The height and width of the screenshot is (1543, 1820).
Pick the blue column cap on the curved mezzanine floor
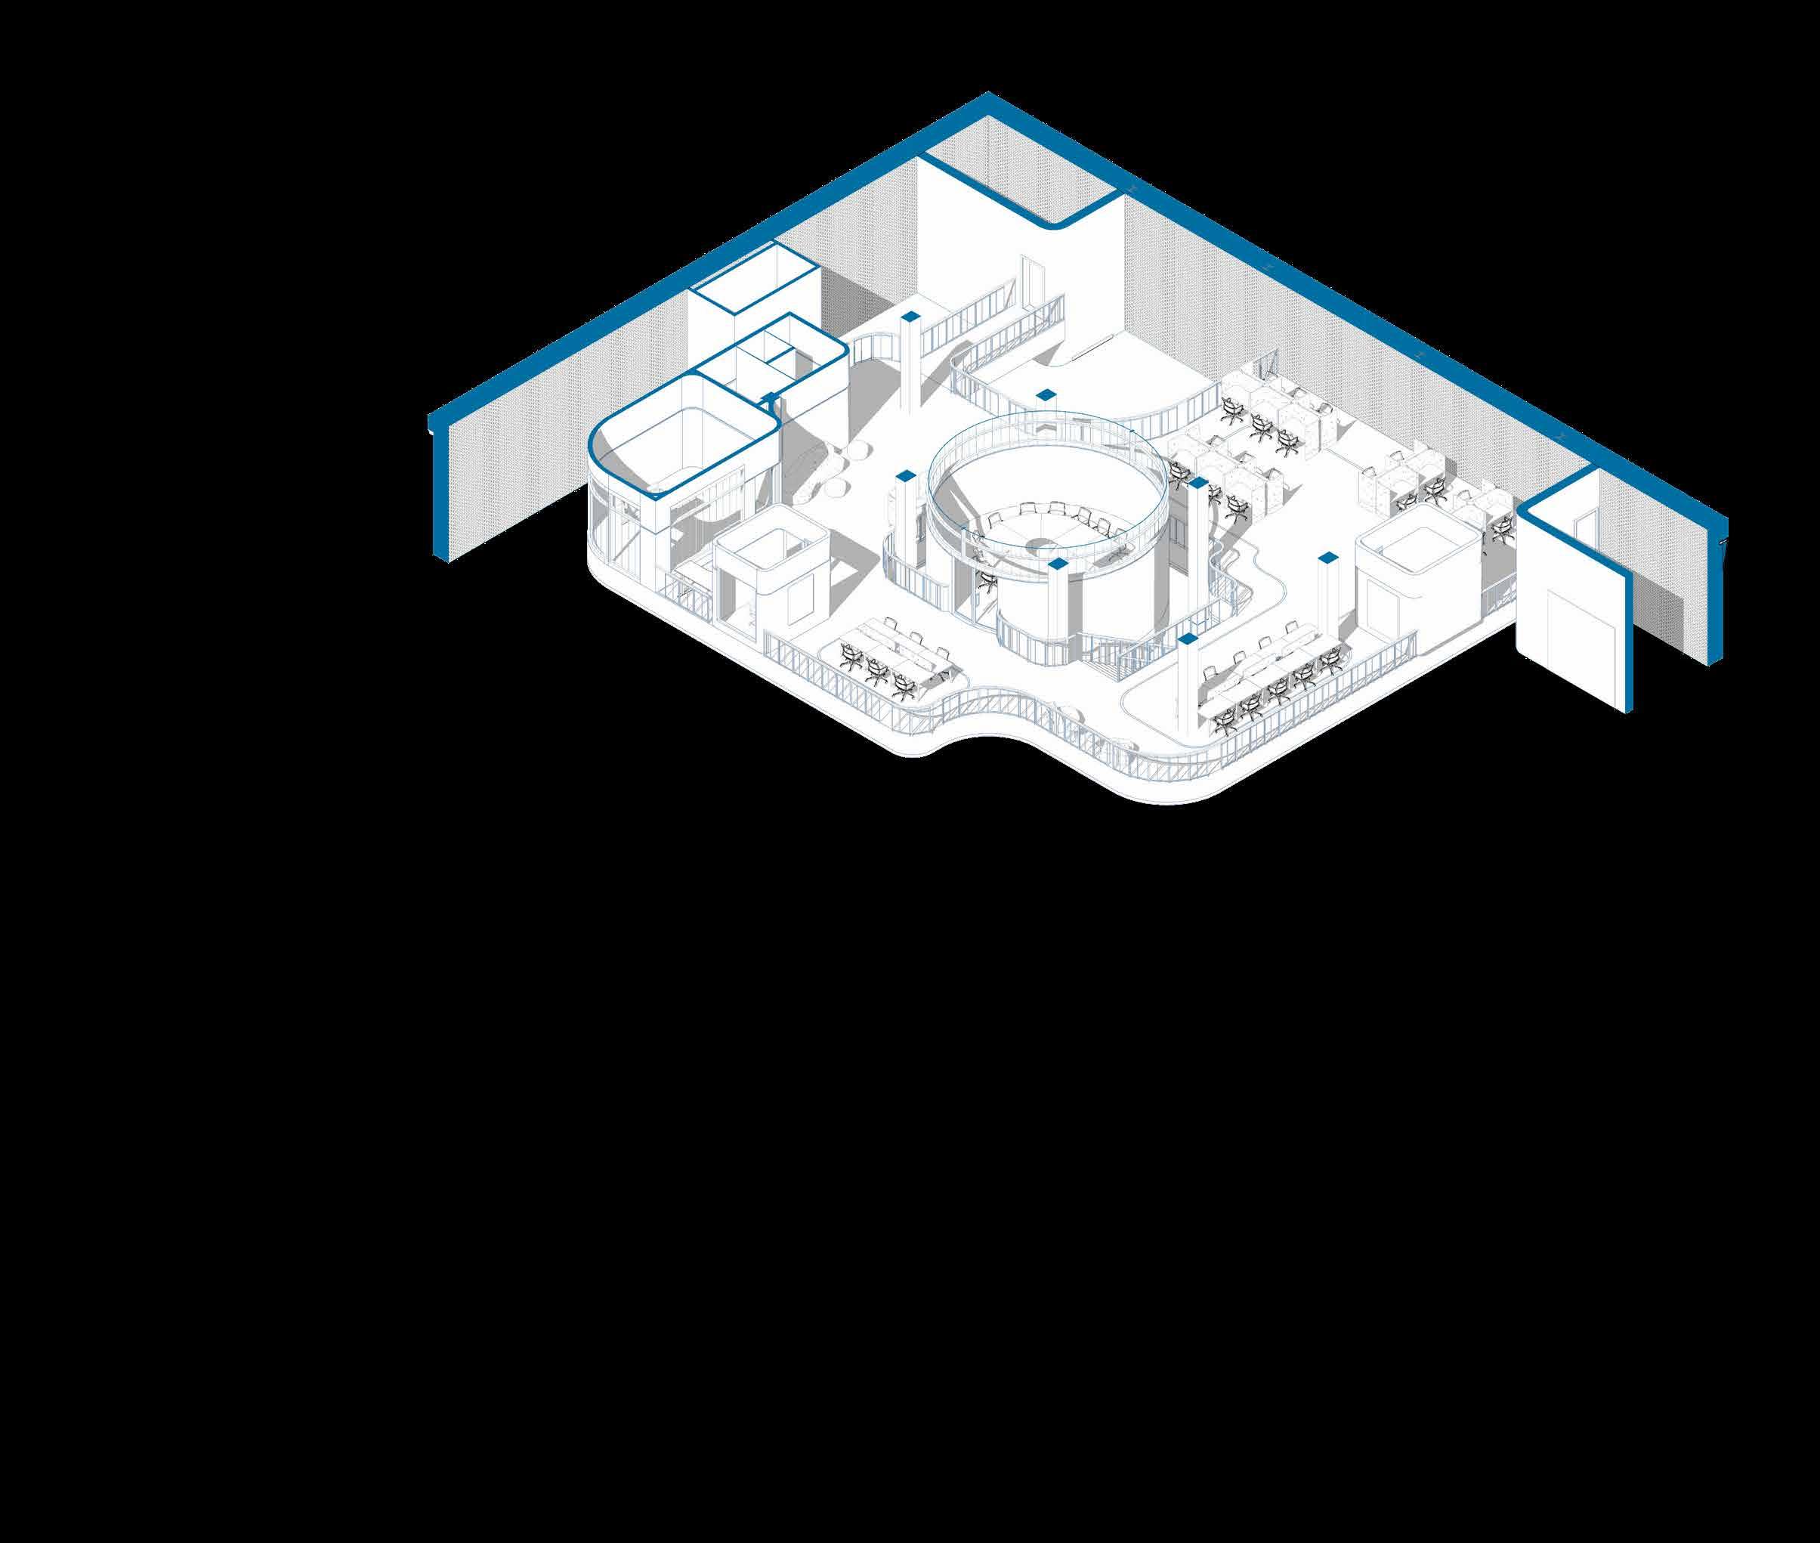tap(1043, 394)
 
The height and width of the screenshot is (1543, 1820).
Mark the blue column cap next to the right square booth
tap(1327, 556)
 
